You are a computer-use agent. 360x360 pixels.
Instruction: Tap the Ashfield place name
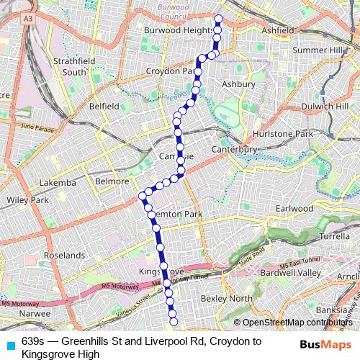tap(277, 31)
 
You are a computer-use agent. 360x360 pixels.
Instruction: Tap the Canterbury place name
tap(234, 149)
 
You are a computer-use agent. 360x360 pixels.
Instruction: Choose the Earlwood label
tap(294, 208)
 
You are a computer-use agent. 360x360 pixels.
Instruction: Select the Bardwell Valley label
tap(310, 273)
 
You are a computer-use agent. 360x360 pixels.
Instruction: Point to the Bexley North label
tap(227, 298)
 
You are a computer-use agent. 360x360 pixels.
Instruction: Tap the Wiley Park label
tap(27, 199)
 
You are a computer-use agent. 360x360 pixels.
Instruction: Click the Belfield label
tap(104, 106)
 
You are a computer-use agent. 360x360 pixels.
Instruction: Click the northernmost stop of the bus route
tap(218, 19)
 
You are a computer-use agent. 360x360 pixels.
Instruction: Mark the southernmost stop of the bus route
tap(174, 321)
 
